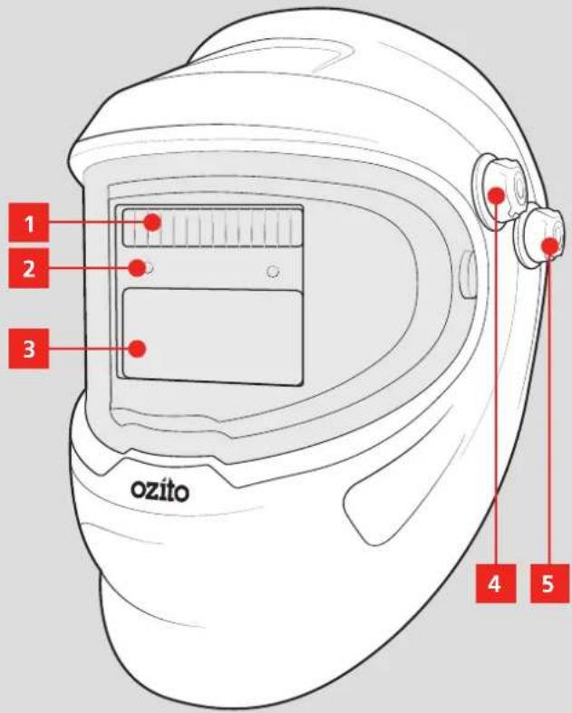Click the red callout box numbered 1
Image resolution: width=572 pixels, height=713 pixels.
(29, 222)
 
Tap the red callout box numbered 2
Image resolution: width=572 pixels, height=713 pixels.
(29, 268)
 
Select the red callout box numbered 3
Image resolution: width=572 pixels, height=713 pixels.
(29, 349)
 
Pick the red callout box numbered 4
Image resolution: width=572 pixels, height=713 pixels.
(496, 583)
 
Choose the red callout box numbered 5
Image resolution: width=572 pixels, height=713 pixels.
(549, 583)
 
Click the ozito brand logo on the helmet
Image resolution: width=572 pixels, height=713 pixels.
(160, 491)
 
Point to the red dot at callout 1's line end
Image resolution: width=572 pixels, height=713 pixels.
(152, 222)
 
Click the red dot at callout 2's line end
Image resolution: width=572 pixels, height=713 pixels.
(137, 268)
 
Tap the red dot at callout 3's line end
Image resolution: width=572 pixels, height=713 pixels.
(137, 349)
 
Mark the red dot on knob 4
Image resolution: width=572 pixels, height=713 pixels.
(496, 196)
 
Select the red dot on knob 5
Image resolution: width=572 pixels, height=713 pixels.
(550, 246)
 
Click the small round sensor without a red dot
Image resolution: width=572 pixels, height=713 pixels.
(273, 272)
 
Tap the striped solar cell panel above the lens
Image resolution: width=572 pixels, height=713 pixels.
(212, 226)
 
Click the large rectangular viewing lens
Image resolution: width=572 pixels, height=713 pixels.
(212, 336)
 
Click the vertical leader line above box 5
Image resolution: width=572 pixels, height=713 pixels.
(548, 409)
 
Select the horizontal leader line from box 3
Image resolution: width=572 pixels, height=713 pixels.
(89, 349)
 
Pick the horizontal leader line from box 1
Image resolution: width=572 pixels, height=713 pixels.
(96, 222)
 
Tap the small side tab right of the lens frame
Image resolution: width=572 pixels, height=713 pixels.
(468, 276)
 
